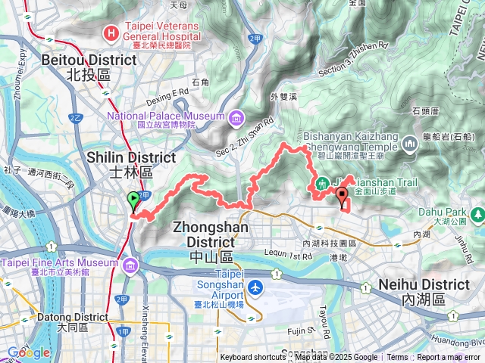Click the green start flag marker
click(134, 201)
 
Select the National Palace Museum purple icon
click(237, 116)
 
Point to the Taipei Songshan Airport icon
click(255, 287)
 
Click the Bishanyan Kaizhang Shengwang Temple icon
click(410, 143)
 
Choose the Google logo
click(28, 352)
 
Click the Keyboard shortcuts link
click(253, 358)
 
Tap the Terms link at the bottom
click(397, 358)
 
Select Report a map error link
click(449, 358)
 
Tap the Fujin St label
click(301, 330)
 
